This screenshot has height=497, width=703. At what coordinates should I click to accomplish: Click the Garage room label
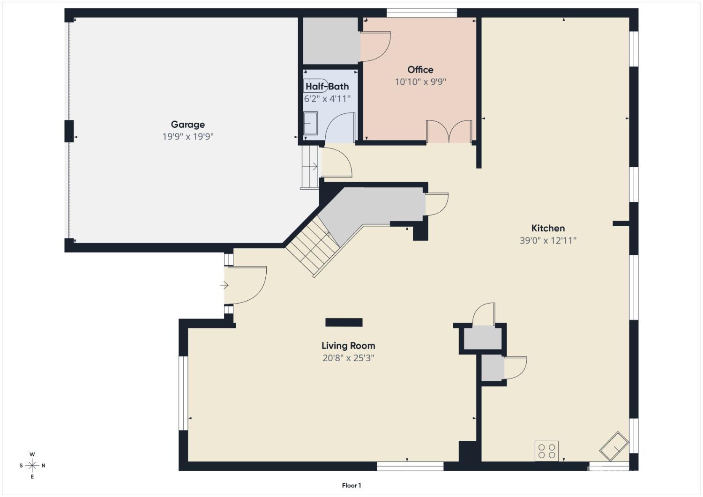[187, 125]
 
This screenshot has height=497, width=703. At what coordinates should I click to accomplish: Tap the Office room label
[420, 70]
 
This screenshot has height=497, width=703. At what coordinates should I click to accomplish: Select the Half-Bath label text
[327, 86]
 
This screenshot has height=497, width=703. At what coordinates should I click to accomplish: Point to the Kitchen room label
[548, 228]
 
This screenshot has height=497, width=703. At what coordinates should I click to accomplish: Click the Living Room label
[348, 346]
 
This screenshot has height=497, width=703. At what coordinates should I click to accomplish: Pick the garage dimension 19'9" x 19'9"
[188, 137]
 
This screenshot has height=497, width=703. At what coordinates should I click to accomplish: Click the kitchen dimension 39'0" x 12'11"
[548, 241]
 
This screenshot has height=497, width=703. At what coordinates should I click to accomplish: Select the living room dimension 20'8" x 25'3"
[348, 358]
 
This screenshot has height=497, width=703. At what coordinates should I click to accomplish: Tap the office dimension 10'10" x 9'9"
[420, 82]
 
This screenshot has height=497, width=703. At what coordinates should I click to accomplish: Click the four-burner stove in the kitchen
[547, 451]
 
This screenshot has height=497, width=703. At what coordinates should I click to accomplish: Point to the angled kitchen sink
[614, 446]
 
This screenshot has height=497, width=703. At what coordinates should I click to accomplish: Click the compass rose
[32, 465]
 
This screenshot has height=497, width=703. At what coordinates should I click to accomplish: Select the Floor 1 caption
[351, 485]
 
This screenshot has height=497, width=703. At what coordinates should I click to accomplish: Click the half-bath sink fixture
[311, 123]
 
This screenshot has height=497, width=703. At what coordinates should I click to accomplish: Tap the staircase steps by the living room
[312, 246]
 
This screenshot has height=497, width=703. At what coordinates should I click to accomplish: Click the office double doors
[449, 131]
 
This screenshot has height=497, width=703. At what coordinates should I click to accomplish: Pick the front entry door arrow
[224, 285]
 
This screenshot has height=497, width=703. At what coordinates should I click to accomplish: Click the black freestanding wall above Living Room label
[344, 322]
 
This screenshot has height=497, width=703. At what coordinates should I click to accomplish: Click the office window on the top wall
[421, 13]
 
